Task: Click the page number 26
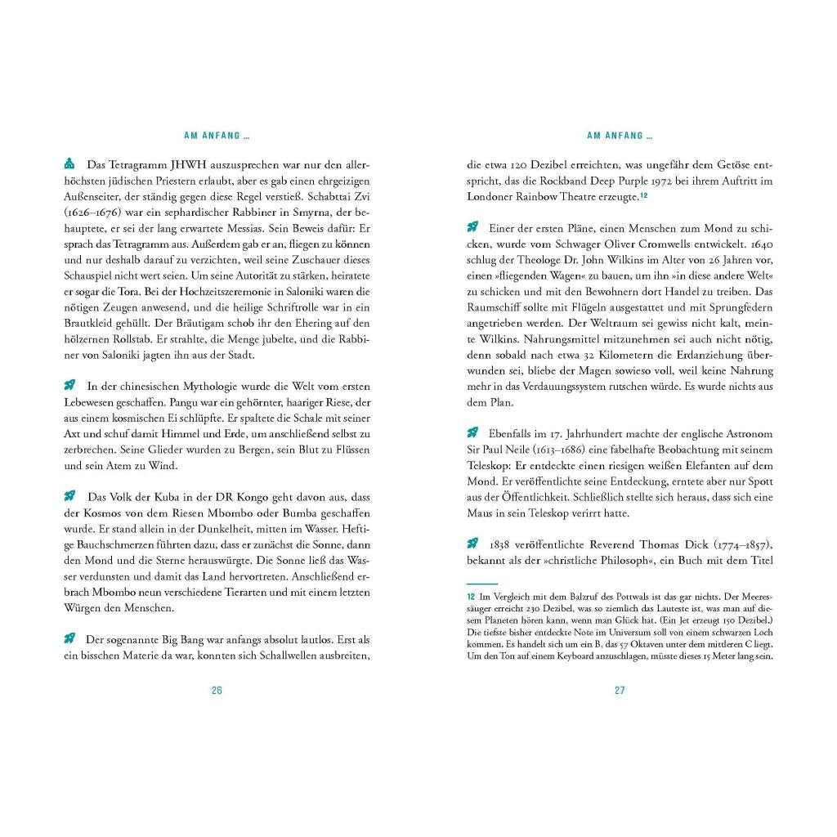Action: tap(217, 690)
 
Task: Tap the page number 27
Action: tap(620, 690)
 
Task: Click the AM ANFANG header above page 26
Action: tap(217, 136)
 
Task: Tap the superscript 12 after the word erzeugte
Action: tap(644, 195)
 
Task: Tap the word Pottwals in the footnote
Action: tap(610, 598)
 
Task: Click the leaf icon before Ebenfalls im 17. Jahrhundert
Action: tap(472, 433)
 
